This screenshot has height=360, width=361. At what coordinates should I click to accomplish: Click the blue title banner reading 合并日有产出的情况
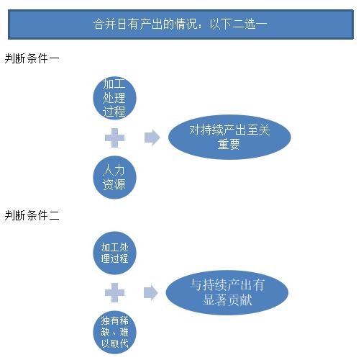pyautogui.click(x=180, y=24)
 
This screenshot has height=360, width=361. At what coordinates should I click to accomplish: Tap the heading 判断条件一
pyautogui.click(x=32, y=58)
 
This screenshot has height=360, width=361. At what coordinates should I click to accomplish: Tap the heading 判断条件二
pyautogui.click(x=32, y=215)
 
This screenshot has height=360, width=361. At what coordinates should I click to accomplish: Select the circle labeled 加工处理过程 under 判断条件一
pyautogui.click(x=114, y=98)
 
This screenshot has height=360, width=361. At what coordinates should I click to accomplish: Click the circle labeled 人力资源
pyautogui.click(x=114, y=177)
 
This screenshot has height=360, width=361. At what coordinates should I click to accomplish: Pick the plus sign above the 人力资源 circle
pyautogui.click(x=114, y=138)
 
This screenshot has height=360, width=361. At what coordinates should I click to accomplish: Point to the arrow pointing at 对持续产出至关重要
pyautogui.click(x=152, y=138)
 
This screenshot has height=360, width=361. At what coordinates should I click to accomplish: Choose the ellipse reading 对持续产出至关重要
pyautogui.click(x=229, y=137)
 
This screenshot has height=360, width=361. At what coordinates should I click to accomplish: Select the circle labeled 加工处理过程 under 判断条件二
pyautogui.click(x=114, y=253)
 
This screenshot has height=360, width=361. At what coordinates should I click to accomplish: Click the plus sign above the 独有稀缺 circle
pyautogui.click(x=114, y=292)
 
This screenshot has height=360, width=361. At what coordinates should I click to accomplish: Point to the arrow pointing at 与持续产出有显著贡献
pyautogui.click(x=151, y=292)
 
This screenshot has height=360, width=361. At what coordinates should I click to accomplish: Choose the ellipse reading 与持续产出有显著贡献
pyautogui.click(x=227, y=292)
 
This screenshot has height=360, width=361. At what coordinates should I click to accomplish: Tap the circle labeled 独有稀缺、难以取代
pyautogui.click(x=114, y=332)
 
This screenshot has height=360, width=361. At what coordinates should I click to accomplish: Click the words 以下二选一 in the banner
pyautogui.click(x=238, y=24)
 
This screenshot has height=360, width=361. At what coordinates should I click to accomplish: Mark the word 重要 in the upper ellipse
pyautogui.click(x=229, y=144)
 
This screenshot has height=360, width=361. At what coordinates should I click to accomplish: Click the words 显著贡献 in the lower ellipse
pyautogui.click(x=227, y=300)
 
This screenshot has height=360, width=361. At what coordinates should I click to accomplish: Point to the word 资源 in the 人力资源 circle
pyautogui.click(x=114, y=184)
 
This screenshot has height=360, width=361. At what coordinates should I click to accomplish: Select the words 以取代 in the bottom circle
pyautogui.click(x=114, y=343)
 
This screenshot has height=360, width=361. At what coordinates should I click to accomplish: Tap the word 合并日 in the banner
pyautogui.click(x=110, y=24)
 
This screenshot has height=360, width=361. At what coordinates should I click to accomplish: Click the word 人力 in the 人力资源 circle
pyautogui.click(x=114, y=171)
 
